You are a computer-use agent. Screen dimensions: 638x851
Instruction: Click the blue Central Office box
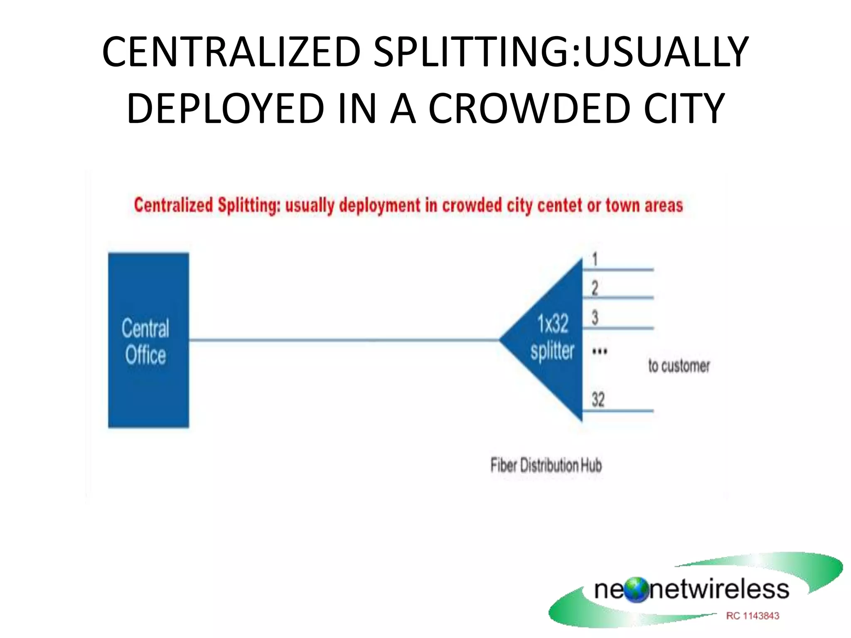pos(148,291)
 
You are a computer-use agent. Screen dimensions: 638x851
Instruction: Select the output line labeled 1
pos(618,270)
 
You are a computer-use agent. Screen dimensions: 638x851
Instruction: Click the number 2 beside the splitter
pos(595,288)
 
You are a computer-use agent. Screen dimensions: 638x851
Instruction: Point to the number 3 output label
pos(595,318)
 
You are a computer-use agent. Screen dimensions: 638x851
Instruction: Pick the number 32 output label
pos(598,400)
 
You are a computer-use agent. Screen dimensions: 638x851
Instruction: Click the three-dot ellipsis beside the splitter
pos(599,351)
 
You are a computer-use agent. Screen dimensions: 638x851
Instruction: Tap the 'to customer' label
pos(679,366)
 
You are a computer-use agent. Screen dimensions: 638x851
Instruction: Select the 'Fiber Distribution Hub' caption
pos(546,465)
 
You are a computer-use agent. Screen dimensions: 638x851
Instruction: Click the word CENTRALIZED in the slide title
pos(231,52)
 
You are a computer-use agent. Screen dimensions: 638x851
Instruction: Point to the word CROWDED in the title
pos(529,109)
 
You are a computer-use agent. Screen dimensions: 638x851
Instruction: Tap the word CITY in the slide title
pos(684,109)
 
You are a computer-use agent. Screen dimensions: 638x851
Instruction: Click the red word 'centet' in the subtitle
pos(560,206)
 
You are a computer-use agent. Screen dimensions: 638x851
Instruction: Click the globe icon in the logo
pos(636,590)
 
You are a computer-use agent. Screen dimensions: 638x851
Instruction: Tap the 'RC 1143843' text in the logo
pos(753,616)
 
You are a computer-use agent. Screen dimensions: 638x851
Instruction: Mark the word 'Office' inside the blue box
pos(145,356)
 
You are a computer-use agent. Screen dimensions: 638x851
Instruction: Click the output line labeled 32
pos(618,411)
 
